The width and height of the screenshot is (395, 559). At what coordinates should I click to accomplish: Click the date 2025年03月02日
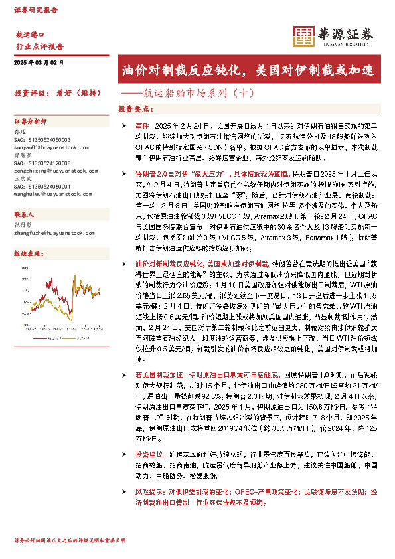(38, 62)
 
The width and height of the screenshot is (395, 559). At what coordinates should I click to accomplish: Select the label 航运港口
(30, 35)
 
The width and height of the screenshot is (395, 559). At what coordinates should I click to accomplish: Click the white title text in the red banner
(255, 69)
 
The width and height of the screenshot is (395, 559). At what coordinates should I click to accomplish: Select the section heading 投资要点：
(135, 108)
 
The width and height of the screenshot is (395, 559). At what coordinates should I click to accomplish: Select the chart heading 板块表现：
(29, 254)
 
